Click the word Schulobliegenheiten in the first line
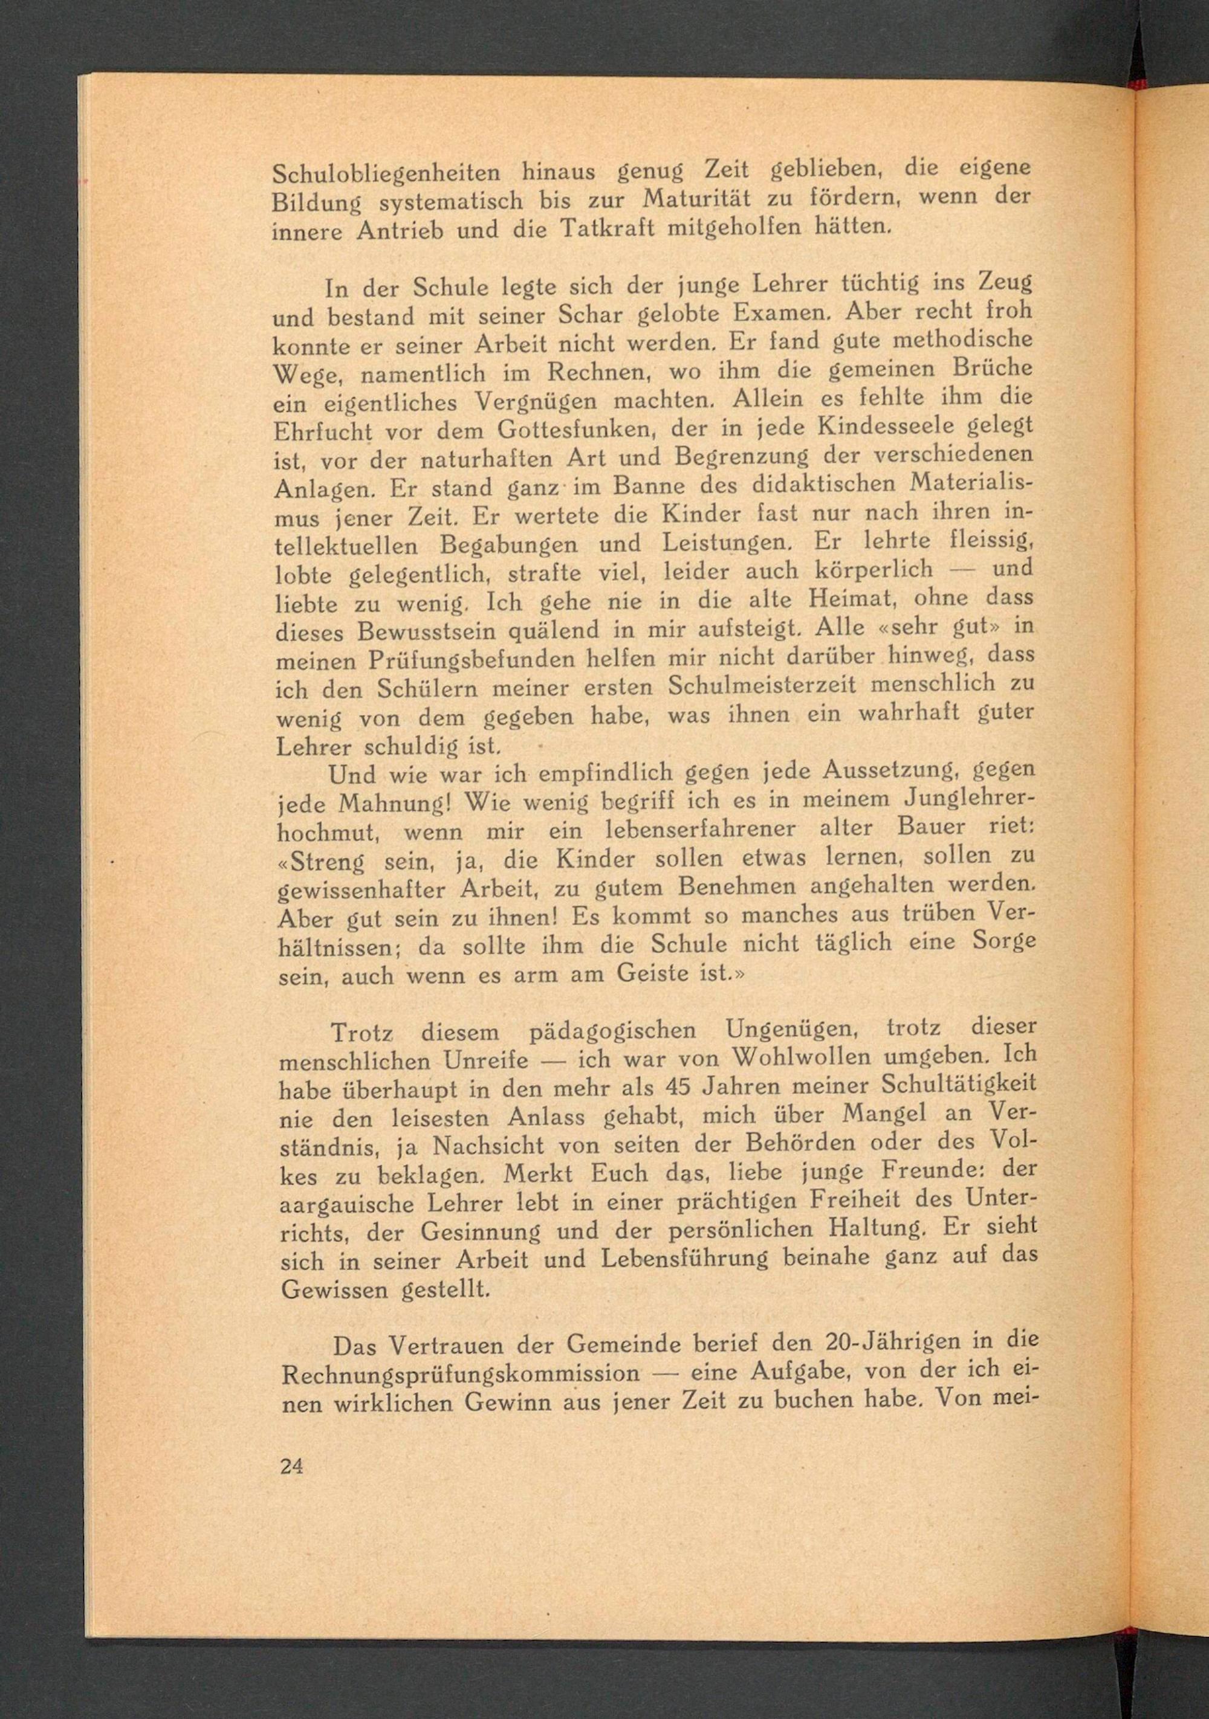tap(386, 173)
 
